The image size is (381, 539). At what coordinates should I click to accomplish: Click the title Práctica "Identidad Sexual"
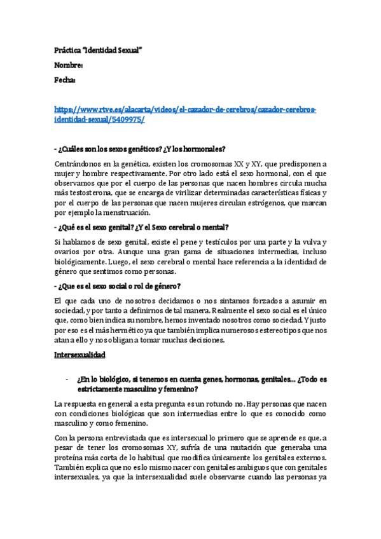(97, 49)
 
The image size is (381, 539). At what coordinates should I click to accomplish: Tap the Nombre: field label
(69, 65)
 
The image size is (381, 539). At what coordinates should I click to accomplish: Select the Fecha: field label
(66, 80)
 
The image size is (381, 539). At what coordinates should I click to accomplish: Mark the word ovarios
(69, 252)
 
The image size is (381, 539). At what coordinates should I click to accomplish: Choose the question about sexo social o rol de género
(118, 285)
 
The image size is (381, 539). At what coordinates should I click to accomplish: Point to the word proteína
(73, 459)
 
